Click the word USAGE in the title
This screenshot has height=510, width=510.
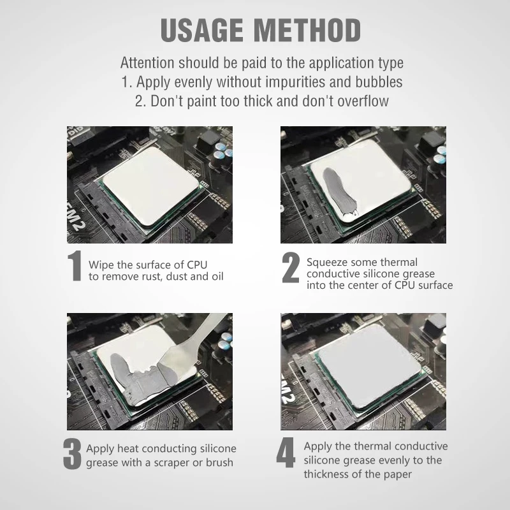point(201,30)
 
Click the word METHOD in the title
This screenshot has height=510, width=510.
point(307,30)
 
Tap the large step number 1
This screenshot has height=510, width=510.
point(75,265)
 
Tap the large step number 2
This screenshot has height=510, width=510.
point(291,267)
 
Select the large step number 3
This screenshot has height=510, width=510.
point(72,454)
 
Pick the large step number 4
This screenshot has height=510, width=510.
point(286,453)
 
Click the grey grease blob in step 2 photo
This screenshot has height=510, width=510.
point(339,192)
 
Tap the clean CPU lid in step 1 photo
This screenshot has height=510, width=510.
point(150,186)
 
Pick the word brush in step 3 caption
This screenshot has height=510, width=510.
point(219,462)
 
